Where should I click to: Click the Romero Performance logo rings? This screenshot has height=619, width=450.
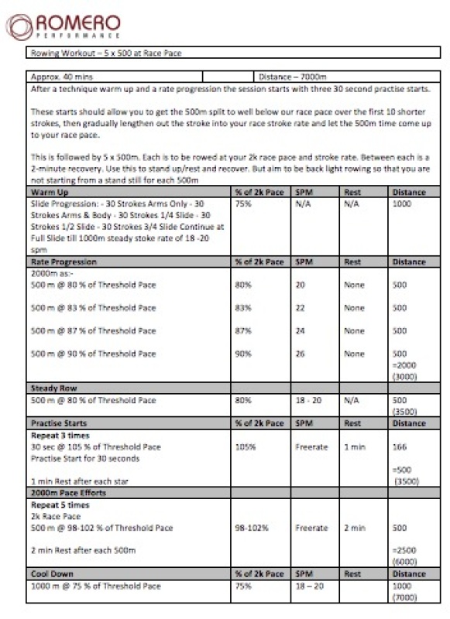click(19, 26)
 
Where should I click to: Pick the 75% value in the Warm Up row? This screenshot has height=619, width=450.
click(243, 204)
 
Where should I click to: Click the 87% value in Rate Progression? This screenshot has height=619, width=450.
click(243, 331)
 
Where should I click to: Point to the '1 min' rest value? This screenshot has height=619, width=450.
click(355, 446)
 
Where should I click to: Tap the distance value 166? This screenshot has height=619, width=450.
click(400, 446)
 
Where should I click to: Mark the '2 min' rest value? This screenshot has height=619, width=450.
click(355, 528)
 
